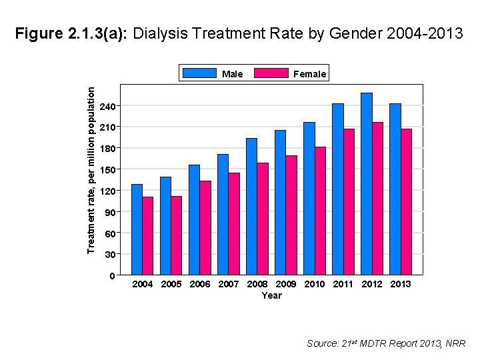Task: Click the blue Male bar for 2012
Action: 367,184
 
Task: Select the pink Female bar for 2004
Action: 148,236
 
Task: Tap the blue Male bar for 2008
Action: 251,207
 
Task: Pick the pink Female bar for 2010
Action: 320,211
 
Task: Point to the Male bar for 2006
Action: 195,220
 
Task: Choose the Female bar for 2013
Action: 406,202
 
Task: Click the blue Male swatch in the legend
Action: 199,73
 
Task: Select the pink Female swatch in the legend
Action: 271,73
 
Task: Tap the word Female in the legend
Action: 310,74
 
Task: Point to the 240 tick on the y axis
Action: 107,106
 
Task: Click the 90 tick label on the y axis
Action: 109,212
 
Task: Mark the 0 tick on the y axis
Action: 112,276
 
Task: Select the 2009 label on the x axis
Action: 286,284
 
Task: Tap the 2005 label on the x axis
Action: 171,284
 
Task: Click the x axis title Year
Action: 272,295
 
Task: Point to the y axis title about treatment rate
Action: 91,171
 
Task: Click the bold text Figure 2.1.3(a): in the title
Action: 71,33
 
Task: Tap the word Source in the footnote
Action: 323,343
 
